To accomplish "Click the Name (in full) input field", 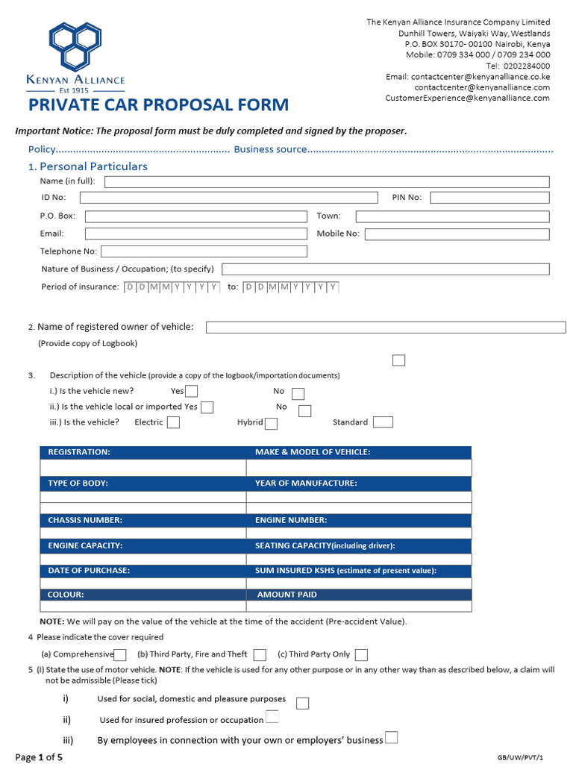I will pos(327,182).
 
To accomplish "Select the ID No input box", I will pos(228,198).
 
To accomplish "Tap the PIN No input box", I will pos(489,198).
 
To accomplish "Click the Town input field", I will pos(452,216).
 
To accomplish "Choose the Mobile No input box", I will pos(457,234).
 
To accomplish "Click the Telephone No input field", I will pos(204,251).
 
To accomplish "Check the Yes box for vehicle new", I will pos(192,391).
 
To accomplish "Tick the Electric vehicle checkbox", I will pos(173,422).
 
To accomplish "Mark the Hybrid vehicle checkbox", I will pos(272,423).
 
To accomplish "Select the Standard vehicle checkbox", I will pos(383,422).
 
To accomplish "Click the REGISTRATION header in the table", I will pos(79,452).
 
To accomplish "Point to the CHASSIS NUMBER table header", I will pos(85,520).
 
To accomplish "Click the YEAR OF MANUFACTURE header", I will pos(306,483).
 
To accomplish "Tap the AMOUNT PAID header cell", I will pos(286,595).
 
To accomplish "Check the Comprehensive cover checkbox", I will pos(120,655).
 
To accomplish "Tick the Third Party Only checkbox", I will pos(361,655).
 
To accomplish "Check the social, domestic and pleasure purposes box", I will pos(302,703).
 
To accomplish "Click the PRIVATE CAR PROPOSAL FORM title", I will pos(158,105).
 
